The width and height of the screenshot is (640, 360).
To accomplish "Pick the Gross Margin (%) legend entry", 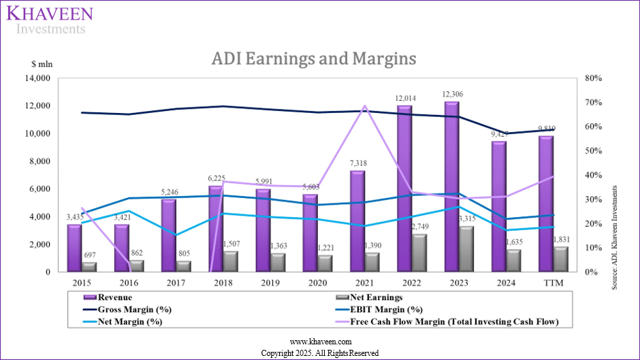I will pos(138,310).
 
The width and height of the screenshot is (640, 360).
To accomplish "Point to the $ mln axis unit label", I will pos(42,65).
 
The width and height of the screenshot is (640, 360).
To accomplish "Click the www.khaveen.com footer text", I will pos(319,342).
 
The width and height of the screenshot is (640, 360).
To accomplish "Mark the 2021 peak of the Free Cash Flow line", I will pos(365,106).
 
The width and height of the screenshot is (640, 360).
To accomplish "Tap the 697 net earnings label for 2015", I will pos(90,255).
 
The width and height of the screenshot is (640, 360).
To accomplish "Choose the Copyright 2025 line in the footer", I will pos(319,353).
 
